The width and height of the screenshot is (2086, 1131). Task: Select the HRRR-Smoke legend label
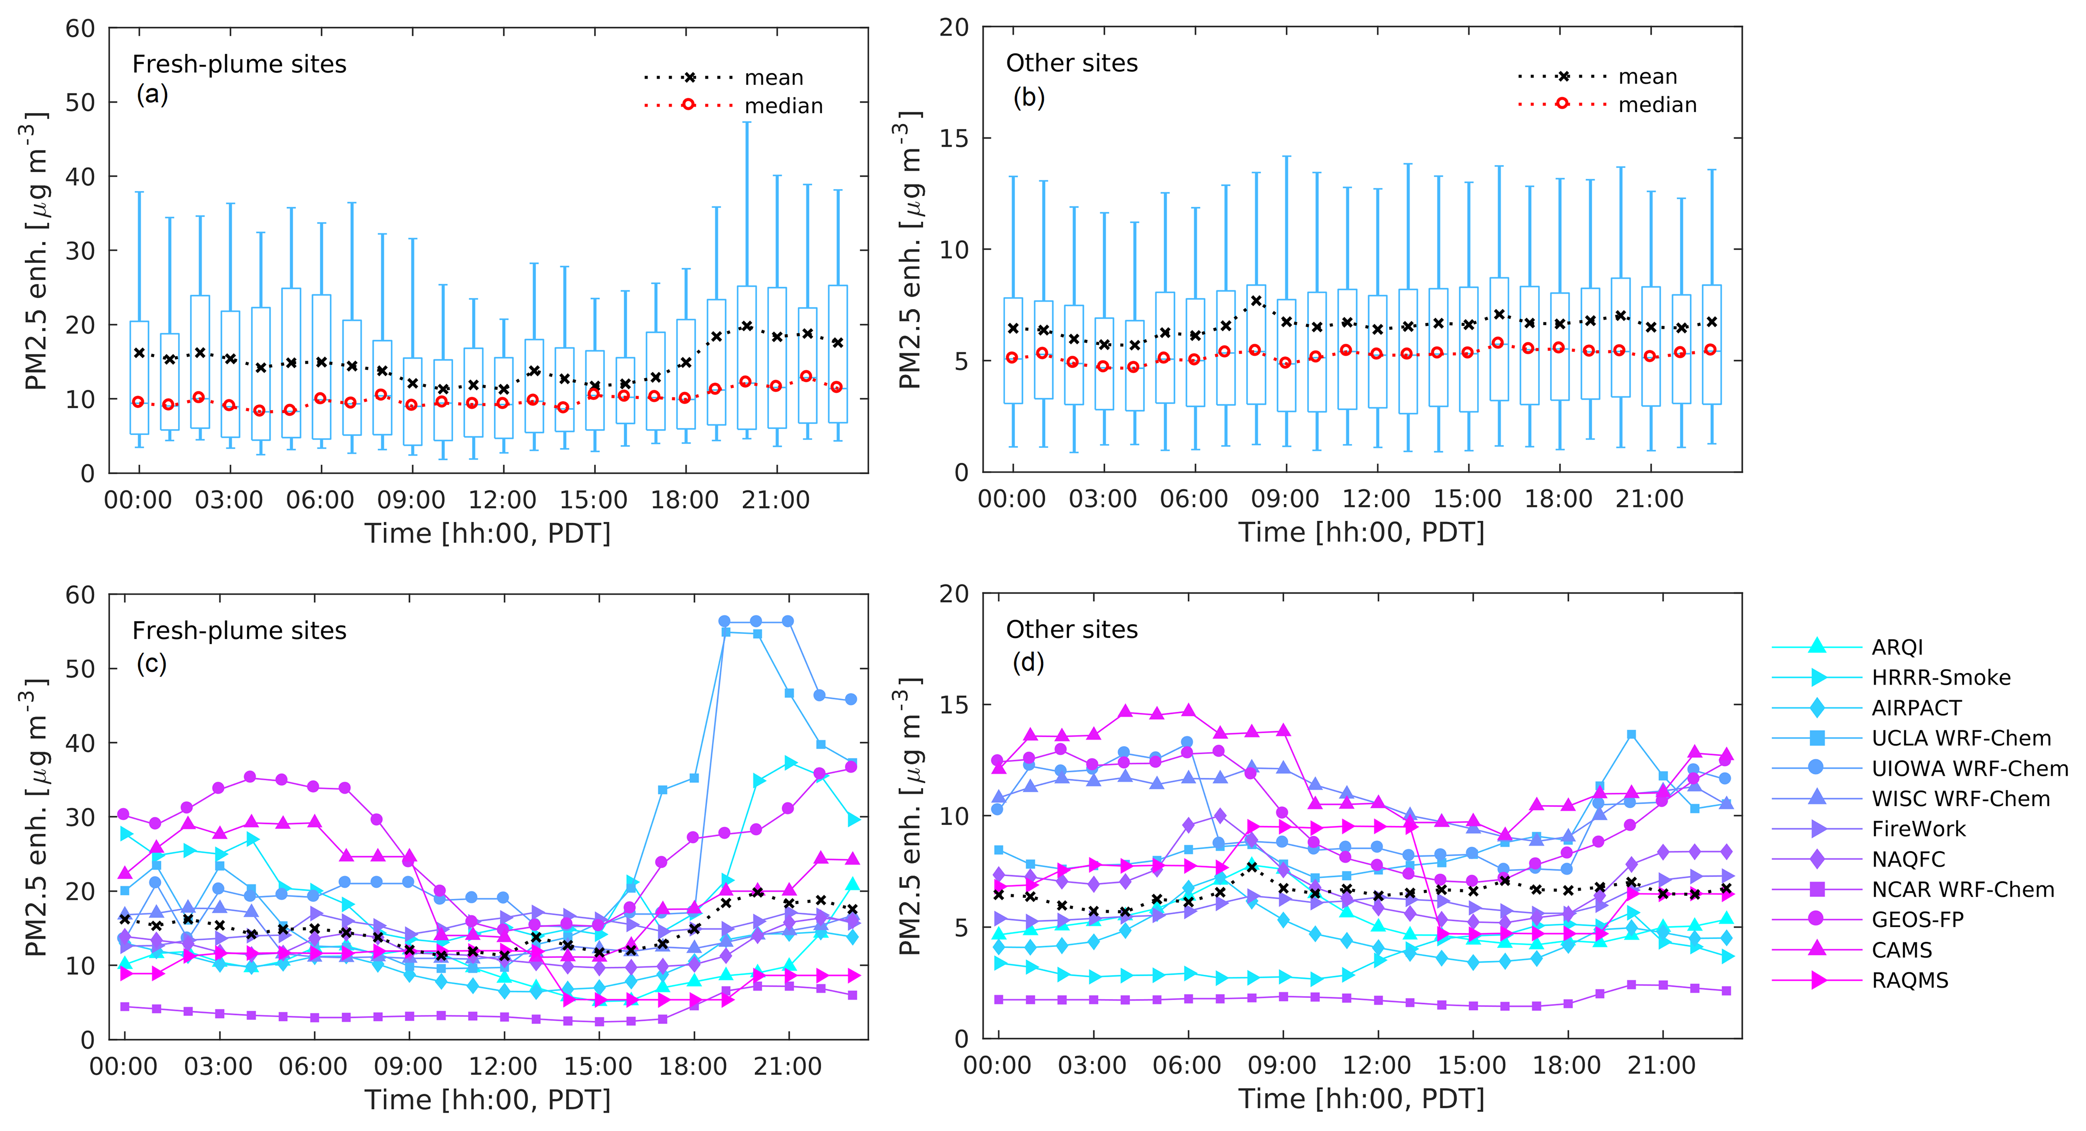(1940, 677)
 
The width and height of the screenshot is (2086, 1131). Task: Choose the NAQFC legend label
(1908, 859)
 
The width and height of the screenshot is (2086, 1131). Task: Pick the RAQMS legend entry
(1909, 980)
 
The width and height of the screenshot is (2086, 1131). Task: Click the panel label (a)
(152, 95)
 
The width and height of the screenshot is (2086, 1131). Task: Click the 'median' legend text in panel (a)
(783, 106)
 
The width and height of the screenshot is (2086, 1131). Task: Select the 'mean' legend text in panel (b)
(1647, 77)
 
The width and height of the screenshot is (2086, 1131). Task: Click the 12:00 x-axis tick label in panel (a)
(503, 500)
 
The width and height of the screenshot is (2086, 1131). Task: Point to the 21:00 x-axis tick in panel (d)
(1662, 1066)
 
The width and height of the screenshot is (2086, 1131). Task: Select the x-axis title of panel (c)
(487, 1099)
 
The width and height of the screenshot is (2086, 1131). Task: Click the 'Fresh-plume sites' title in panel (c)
(239, 630)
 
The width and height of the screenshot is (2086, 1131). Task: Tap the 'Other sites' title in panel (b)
(1072, 63)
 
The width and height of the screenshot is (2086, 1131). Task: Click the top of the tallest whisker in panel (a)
(747, 123)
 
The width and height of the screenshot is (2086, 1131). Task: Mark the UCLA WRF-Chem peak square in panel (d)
(1632, 735)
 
